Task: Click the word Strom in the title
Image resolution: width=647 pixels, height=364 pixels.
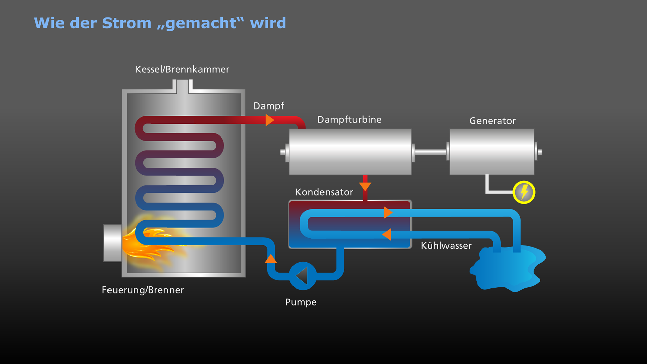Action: (x=127, y=23)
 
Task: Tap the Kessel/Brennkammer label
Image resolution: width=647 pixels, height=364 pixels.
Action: (x=182, y=69)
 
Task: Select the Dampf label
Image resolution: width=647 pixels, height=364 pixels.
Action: (x=269, y=106)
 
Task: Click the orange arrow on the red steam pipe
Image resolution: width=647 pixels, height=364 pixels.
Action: (x=269, y=120)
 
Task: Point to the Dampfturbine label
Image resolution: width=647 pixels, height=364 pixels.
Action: (x=349, y=120)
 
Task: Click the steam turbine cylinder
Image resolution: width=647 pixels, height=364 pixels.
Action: (x=350, y=152)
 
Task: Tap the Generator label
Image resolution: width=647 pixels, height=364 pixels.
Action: (x=492, y=121)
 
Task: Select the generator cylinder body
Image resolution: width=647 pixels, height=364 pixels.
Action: (x=492, y=152)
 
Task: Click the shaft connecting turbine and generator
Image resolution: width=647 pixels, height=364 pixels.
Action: (x=430, y=152)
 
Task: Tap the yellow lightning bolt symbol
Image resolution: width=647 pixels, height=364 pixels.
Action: (x=524, y=192)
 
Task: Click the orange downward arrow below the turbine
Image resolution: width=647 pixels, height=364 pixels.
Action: (x=365, y=186)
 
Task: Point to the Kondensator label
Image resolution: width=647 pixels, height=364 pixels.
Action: (x=324, y=192)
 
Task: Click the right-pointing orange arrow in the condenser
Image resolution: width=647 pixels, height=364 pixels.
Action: (x=388, y=213)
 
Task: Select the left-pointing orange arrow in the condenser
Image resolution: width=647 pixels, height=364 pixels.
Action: (x=387, y=234)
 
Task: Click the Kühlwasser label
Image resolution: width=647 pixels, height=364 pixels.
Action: (x=446, y=246)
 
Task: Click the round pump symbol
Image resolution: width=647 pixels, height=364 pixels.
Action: (x=303, y=276)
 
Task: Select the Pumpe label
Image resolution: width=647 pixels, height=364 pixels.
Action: (x=301, y=302)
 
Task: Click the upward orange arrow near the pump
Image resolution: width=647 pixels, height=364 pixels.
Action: (x=270, y=259)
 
